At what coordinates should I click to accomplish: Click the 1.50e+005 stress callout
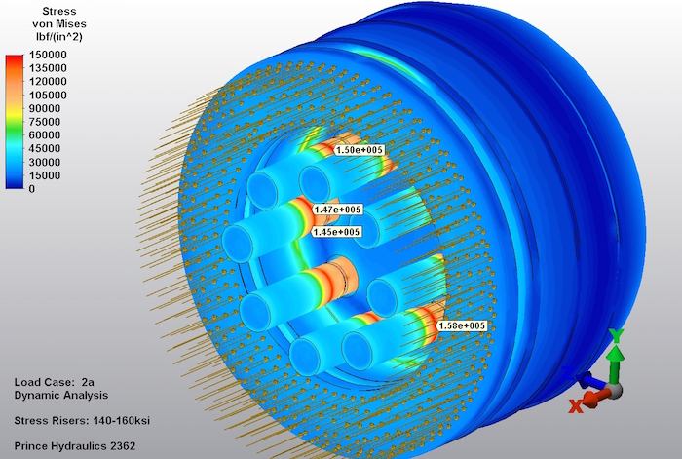point(360,150)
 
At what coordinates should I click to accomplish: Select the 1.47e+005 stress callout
point(337,210)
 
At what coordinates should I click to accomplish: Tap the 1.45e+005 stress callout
point(337,232)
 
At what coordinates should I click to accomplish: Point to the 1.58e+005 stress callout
point(462,325)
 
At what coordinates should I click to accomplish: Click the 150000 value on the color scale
point(48,55)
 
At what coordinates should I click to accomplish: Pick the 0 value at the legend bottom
point(32,189)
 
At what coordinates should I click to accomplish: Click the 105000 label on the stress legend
point(48,95)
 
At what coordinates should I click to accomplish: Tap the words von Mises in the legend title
point(59,24)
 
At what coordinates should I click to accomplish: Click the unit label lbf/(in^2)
point(59,37)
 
